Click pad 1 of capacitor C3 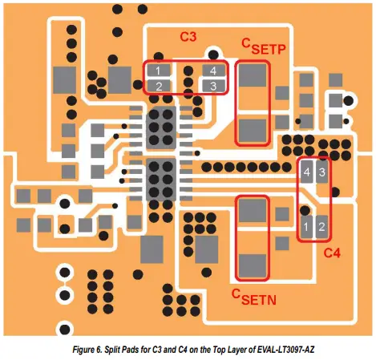pyautogui.click(x=160, y=71)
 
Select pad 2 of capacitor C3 pyautogui.click(x=160, y=86)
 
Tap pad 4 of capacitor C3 pyautogui.click(x=214, y=71)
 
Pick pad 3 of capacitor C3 pyautogui.click(x=214, y=85)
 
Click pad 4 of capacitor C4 pyautogui.click(x=306, y=172)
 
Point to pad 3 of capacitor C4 pyautogui.click(x=322, y=172)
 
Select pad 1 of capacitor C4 pyautogui.click(x=306, y=228)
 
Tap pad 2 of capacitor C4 pyautogui.click(x=322, y=228)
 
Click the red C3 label pyautogui.click(x=189, y=37)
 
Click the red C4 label pyautogui.click(x=332, y=253)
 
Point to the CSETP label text pyautogui.click(x=264, y=47)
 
